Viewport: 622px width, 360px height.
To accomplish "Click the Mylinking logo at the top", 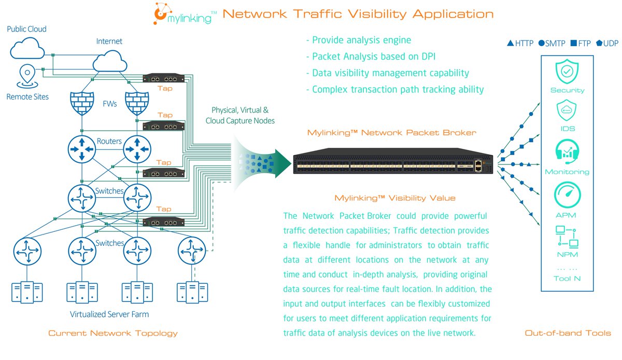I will coord(184,13).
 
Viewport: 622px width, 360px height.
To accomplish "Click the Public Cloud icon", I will coord(26,48).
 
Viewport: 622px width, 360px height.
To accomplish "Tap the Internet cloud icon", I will coord(109,63).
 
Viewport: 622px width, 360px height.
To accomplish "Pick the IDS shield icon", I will coord(567,111).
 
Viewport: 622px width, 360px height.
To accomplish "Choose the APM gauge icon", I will coord(567,195).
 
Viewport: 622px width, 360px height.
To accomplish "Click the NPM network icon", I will coord(567,237).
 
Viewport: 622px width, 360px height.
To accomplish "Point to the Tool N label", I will coord(567,279).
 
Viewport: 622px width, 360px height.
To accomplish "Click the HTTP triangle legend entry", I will coord(520,44).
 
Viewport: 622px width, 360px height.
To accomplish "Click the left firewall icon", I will coord(81,105).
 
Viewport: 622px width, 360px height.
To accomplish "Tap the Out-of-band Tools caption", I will coord(567,333).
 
